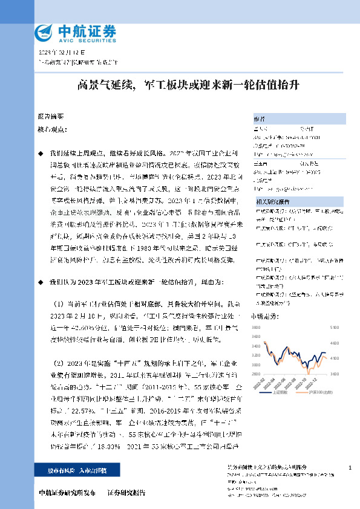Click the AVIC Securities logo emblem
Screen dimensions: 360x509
(x=45, y=31)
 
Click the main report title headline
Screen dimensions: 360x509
(x=180, y=86)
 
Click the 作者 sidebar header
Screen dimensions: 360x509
(x=259, y=119)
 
